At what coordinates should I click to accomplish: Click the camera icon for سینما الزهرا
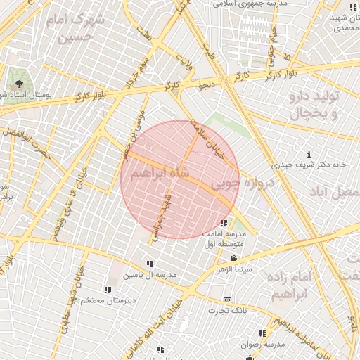[x=233, y=258]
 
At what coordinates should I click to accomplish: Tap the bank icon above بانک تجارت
[x=226, y=299]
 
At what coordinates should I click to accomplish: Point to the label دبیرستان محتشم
[x=107, y=300]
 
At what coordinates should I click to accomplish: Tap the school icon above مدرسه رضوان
[x=262, y=333]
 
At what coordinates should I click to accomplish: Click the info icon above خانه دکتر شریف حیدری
[x=309, y=154]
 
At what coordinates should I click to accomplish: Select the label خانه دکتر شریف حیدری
[x=309, y=165]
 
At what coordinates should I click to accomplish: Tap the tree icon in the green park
[x=18, y=84]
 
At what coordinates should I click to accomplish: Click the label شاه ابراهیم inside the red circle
[x=161, y=173]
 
